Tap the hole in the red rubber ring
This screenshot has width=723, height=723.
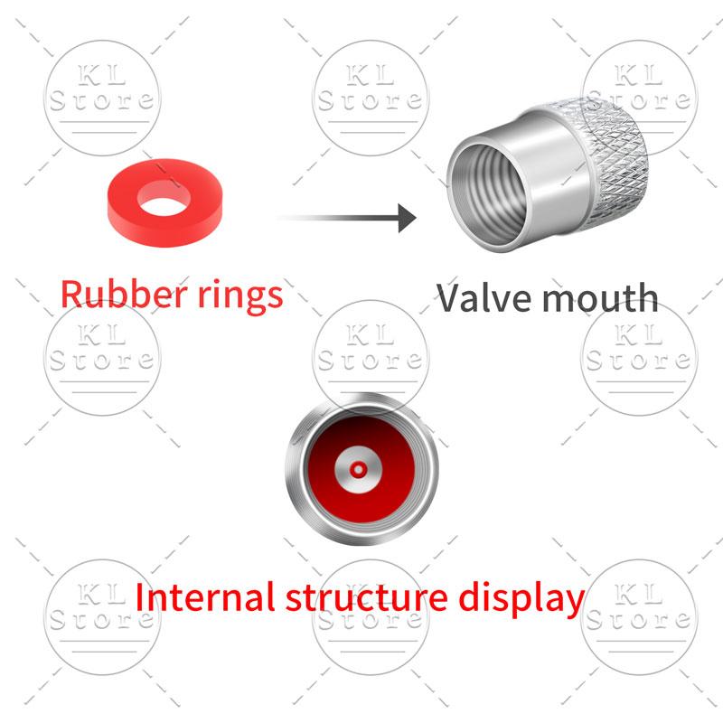click(x=164, y=198)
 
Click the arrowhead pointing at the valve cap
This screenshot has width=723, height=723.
click(x=407, y=218)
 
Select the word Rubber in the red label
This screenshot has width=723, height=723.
click(x=124, y=295)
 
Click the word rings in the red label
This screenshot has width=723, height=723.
click(x=239, y=297)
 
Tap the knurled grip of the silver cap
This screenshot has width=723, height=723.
click(x=614, y=156)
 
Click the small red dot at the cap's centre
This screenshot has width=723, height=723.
click(x=358, y=470)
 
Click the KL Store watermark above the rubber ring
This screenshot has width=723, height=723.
click(x=102, y=98)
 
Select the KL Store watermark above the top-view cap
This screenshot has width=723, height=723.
click(x=371, y=357)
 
